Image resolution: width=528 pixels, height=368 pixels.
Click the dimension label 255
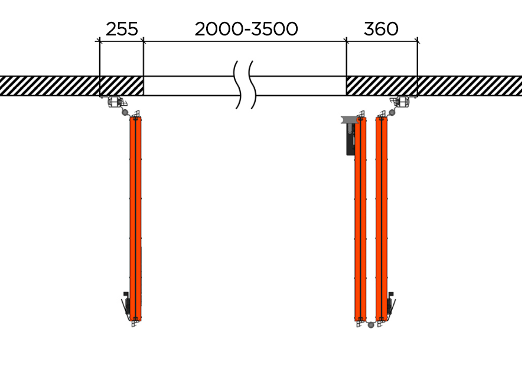[x=121, y=29]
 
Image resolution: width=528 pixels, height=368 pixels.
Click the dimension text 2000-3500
[x=246, y=29]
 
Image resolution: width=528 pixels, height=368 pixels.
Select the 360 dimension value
[x=381, y=29]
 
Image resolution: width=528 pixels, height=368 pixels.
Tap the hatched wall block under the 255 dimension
[x=122, y=86]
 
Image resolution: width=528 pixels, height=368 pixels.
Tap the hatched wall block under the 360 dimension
[x=382, y=86]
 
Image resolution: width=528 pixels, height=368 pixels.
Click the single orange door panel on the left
[x=136, y=219]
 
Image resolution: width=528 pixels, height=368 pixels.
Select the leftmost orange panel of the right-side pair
[x=361, y=219]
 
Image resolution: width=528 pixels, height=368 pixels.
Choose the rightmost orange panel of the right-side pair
[x=382, y=219]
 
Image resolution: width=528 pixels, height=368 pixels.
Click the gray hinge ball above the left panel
[x=125, y=112]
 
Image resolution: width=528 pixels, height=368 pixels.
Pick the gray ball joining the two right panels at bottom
[x=371, y=324]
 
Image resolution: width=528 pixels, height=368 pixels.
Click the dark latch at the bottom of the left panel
[x=126, y=304]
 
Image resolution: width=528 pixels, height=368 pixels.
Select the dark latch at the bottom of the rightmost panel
[x=390, y=305]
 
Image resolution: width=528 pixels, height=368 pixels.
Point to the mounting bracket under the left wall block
[x=115, y=102]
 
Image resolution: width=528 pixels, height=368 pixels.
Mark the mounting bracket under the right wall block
[x=403, y=102]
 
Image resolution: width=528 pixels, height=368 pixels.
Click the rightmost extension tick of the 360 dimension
[x=418, y=41]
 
